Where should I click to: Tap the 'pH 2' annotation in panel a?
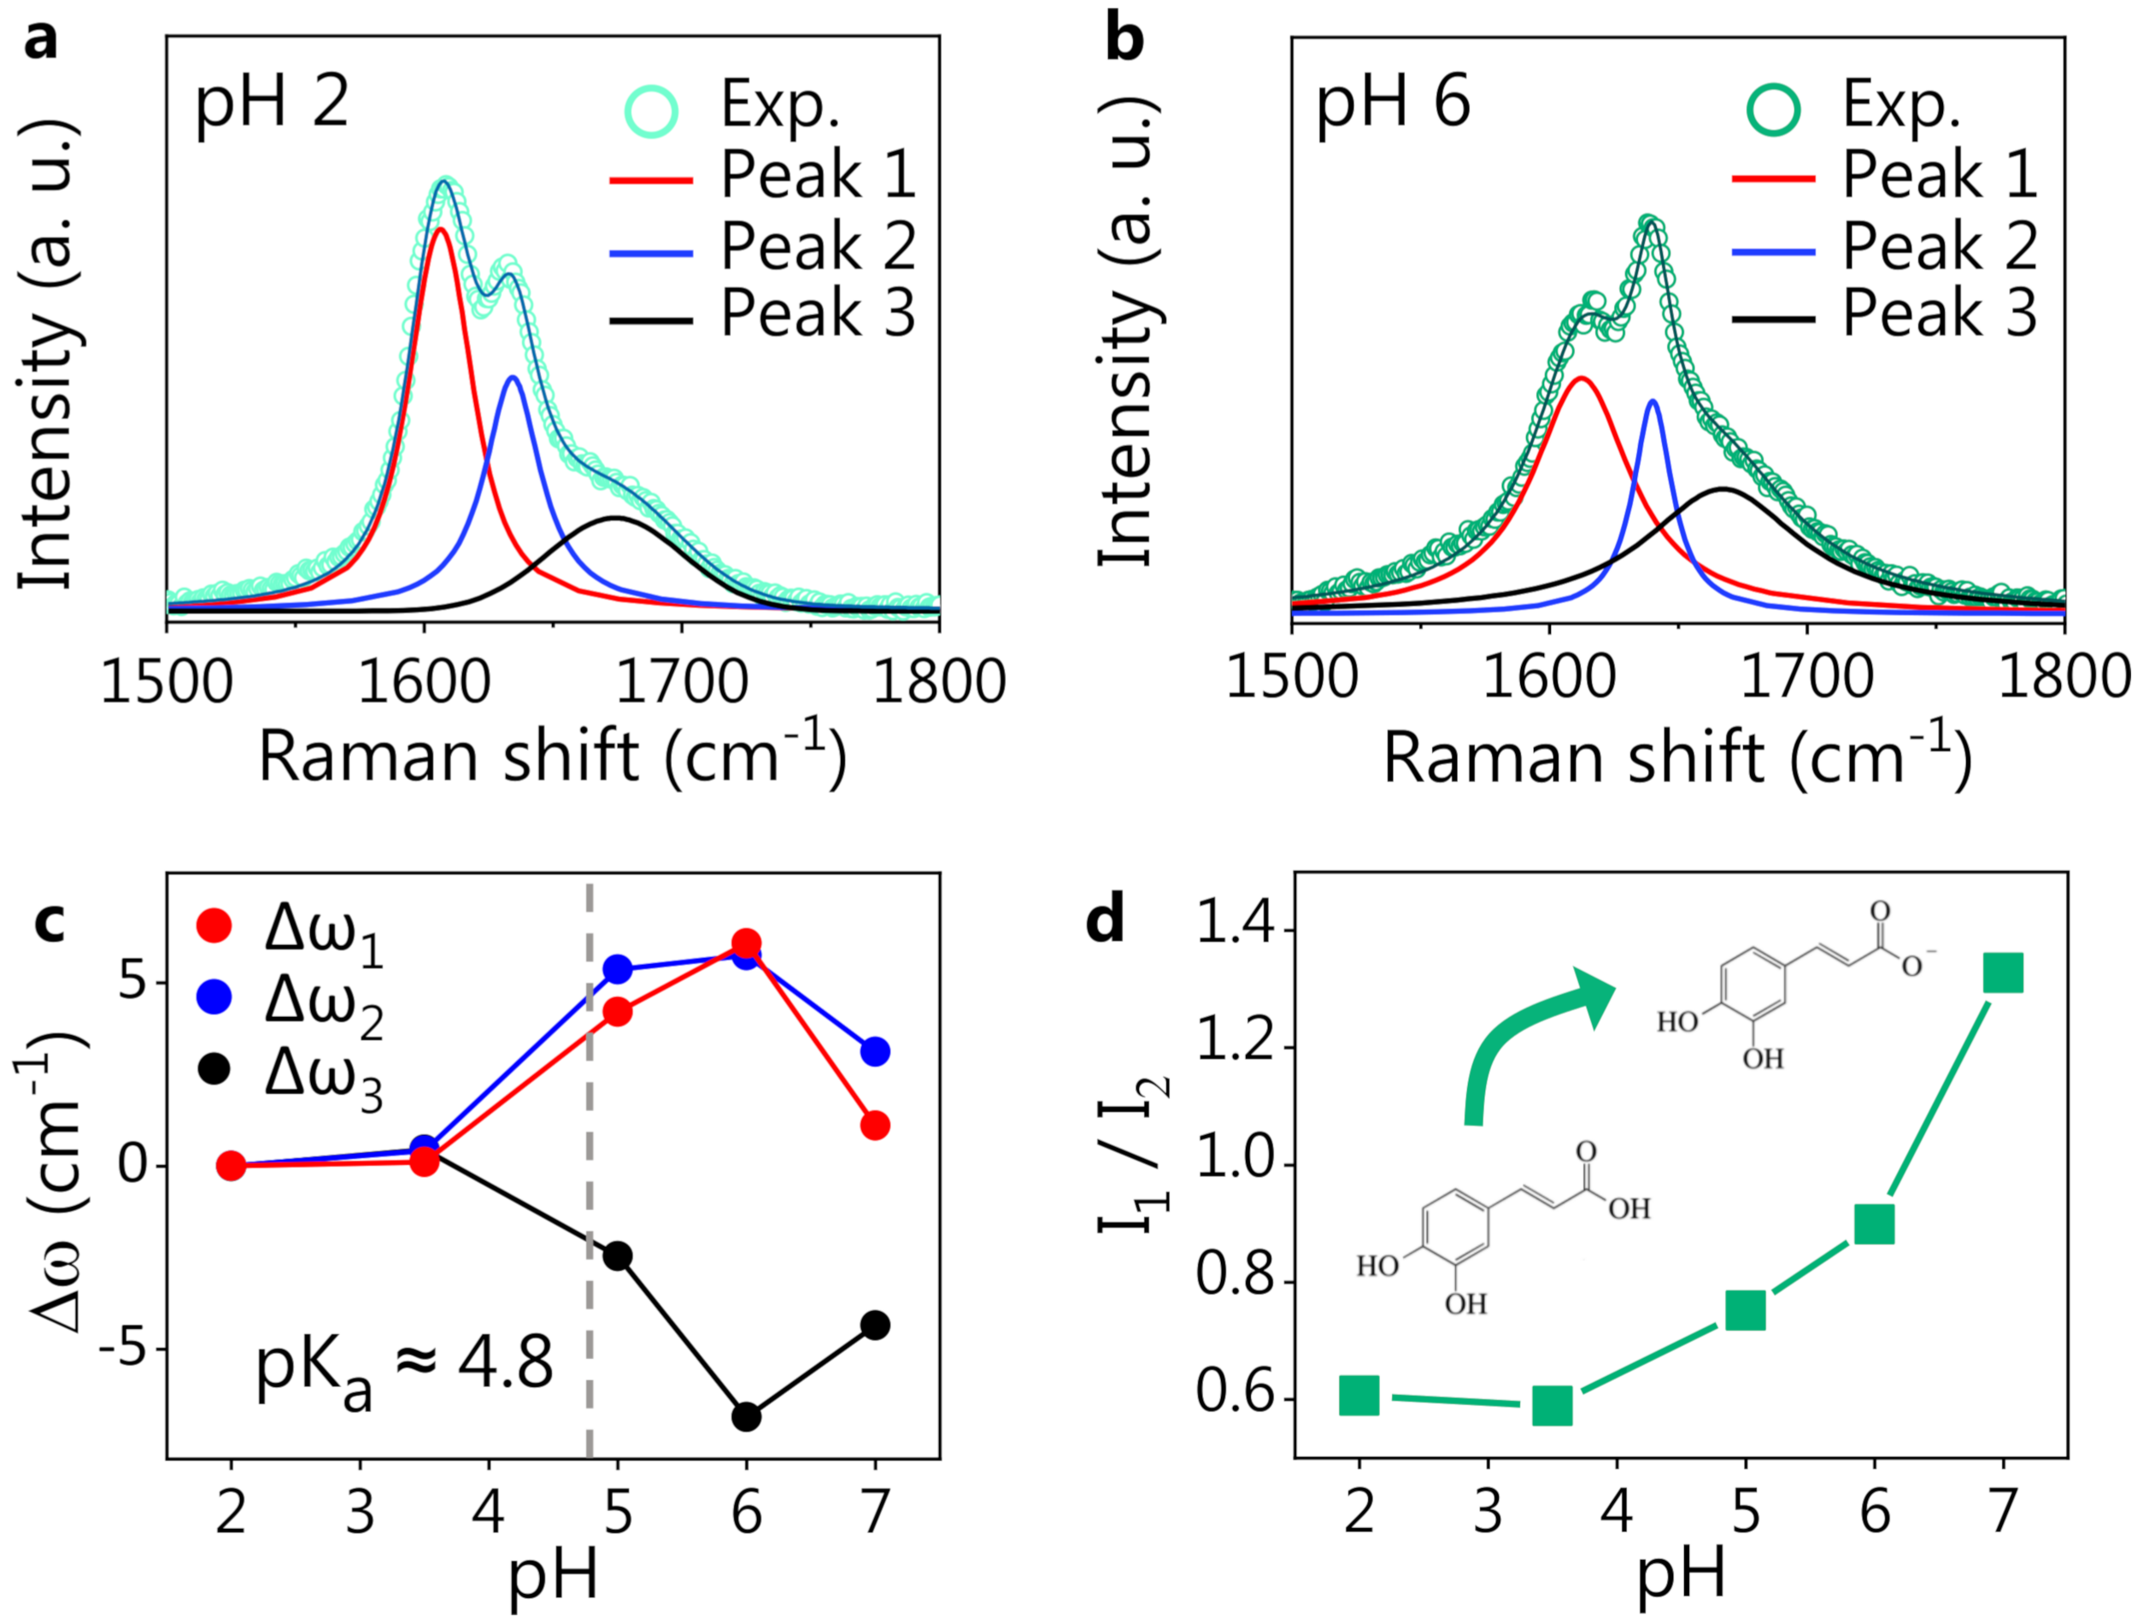(x=271, y=102)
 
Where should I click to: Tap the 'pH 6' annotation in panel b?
(x=1393, y=102)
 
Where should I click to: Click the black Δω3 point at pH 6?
(x=746, y=1417)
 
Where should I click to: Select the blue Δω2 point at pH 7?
(x=875, y=1051)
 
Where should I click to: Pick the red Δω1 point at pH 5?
(x=617, y=1012)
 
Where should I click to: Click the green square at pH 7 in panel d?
(x=2003, y=973)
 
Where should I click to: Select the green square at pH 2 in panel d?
(x=1359, y=1397)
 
